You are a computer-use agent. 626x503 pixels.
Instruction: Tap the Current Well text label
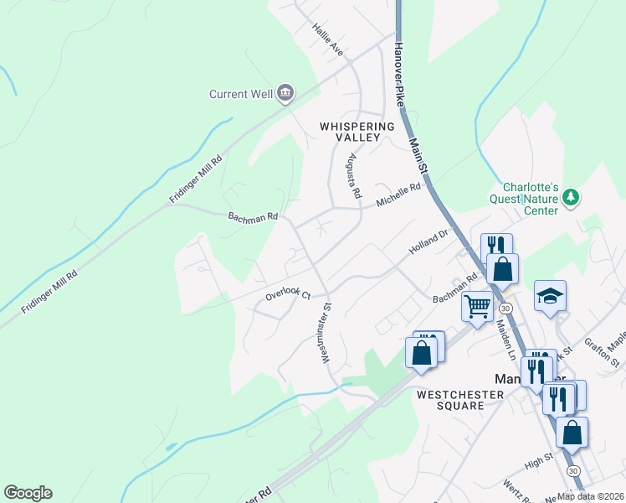pyautogui.click(x=241, y=94)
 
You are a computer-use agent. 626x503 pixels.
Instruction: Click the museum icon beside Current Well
pyautogui.click(x=285, y=92)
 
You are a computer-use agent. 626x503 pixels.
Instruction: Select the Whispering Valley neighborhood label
pyautogui.click(x=357, y=132)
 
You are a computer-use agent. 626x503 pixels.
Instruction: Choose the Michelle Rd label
pyautogui.click(x=398, y=198)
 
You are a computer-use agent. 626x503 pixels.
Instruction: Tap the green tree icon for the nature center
pyautogui.click(x=571, y=197)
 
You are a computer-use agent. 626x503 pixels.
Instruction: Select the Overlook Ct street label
pyautogui.click(x=288, y=294)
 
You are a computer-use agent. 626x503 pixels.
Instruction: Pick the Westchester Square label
pyautogui.click(x=449, y=399)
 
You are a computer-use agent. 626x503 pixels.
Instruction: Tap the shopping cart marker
pyautogui.click(x=477, y=306)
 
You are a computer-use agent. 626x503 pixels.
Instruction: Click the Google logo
pyautogui.click(x=28, y=493)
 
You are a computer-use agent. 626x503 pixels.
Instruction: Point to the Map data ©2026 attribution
pyautogui.click(x=591, y=495)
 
